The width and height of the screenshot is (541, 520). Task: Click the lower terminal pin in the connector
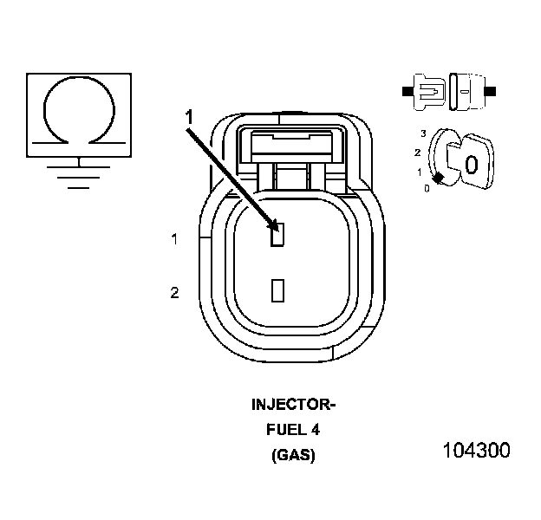click(277, 289)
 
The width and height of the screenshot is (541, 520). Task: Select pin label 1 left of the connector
click(174, 239)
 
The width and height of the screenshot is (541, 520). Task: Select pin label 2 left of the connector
click(174, 294)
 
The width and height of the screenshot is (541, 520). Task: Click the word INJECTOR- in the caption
click(292, 405)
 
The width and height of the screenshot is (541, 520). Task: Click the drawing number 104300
click(476, 451)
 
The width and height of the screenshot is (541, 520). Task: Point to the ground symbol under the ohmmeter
click(80, 173)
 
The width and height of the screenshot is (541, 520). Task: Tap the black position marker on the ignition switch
click(439, 178)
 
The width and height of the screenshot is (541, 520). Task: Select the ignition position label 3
click(422, 133)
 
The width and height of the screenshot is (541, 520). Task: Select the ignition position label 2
click(418, 153)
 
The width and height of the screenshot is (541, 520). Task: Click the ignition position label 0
click(426, 187)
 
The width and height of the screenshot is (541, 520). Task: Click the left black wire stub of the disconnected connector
click(407, 89)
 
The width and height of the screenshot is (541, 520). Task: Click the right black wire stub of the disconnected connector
click(490, 89)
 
